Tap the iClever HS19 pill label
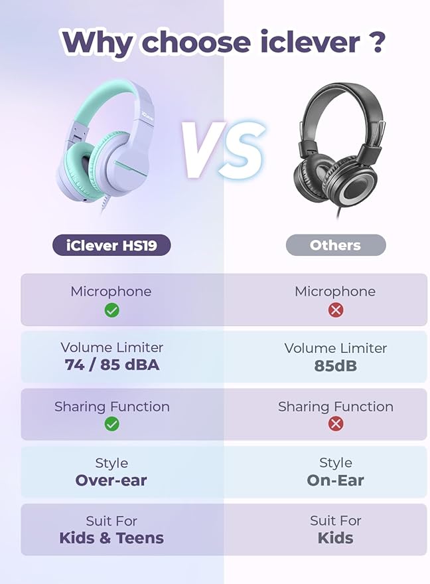(x=111, y=245)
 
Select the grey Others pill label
(x=335, y=245)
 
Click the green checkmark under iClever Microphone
(x=112, y=310)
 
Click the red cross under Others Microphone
(x=336, y=310)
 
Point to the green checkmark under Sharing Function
(x=112, y=424)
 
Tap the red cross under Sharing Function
(x=336, y=424)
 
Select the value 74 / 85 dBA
(x=112, y=365)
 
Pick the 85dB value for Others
(x=335, y=365)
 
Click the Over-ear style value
(x=111, y=480)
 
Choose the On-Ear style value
(x=335, y=480)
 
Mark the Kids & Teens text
(x=111, y=537)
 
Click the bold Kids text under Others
(x=335, y=537)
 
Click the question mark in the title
(x=377, y=41)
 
